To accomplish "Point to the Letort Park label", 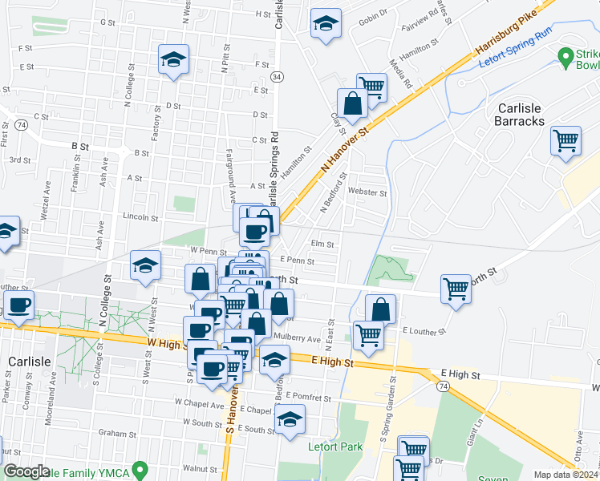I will [x=335, y=447].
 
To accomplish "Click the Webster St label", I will [x=368, y=192].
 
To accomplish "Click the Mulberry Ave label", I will [x=297, y=338].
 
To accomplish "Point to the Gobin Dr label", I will [x=372, y=13].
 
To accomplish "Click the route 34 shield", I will [x=277, y=76].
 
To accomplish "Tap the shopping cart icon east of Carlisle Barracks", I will [x=566, y=140].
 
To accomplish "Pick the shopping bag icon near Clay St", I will [x=352, y=103].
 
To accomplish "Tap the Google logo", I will [x=27, y=471].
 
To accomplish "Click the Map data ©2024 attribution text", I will [x=566, y=475].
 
